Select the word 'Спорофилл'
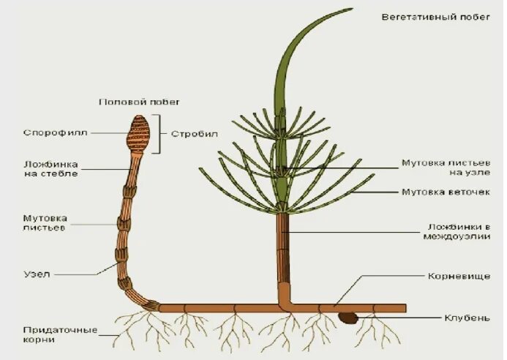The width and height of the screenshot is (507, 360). pos(56,133)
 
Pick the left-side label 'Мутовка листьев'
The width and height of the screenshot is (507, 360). pos(45,222)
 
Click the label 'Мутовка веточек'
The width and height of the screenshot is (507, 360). pos(446,192)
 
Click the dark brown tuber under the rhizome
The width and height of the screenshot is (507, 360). pos(348,318)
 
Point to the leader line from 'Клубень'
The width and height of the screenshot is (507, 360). pos(399,318)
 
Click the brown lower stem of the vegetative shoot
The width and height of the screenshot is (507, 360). pos(283,256)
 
